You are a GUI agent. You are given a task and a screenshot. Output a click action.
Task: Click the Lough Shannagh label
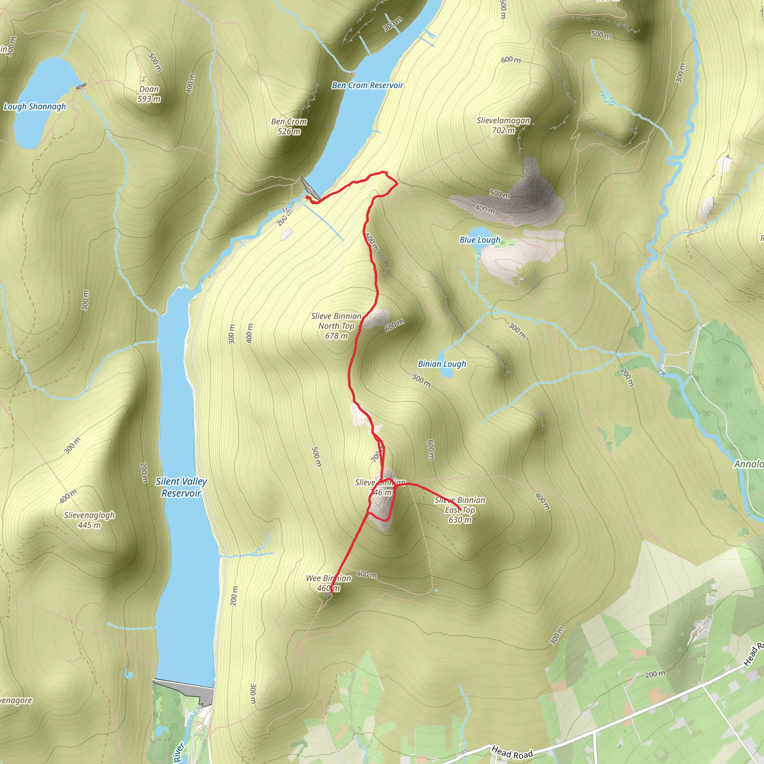(35, 107)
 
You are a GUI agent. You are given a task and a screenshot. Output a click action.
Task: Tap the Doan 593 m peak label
(149, 94)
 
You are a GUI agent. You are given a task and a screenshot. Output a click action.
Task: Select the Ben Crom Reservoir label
(367, 85)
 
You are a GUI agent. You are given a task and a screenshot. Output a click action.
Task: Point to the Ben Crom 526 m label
(289, 126)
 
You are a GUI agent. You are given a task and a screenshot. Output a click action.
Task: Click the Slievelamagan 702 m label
(503, 125)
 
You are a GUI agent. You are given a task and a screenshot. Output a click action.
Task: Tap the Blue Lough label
(480, 240)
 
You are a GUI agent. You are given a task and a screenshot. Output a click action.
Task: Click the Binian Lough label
(442, 364)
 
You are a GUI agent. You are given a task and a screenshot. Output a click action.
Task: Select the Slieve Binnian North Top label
(336, 326)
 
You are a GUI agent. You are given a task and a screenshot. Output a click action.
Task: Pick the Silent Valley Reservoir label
(181, 487)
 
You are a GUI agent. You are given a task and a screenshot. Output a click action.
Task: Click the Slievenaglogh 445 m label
(90, 520)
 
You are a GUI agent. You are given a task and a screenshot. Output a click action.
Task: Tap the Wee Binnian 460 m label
(329, 583)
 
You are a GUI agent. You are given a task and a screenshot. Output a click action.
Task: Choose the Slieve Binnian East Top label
(460, 510)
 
